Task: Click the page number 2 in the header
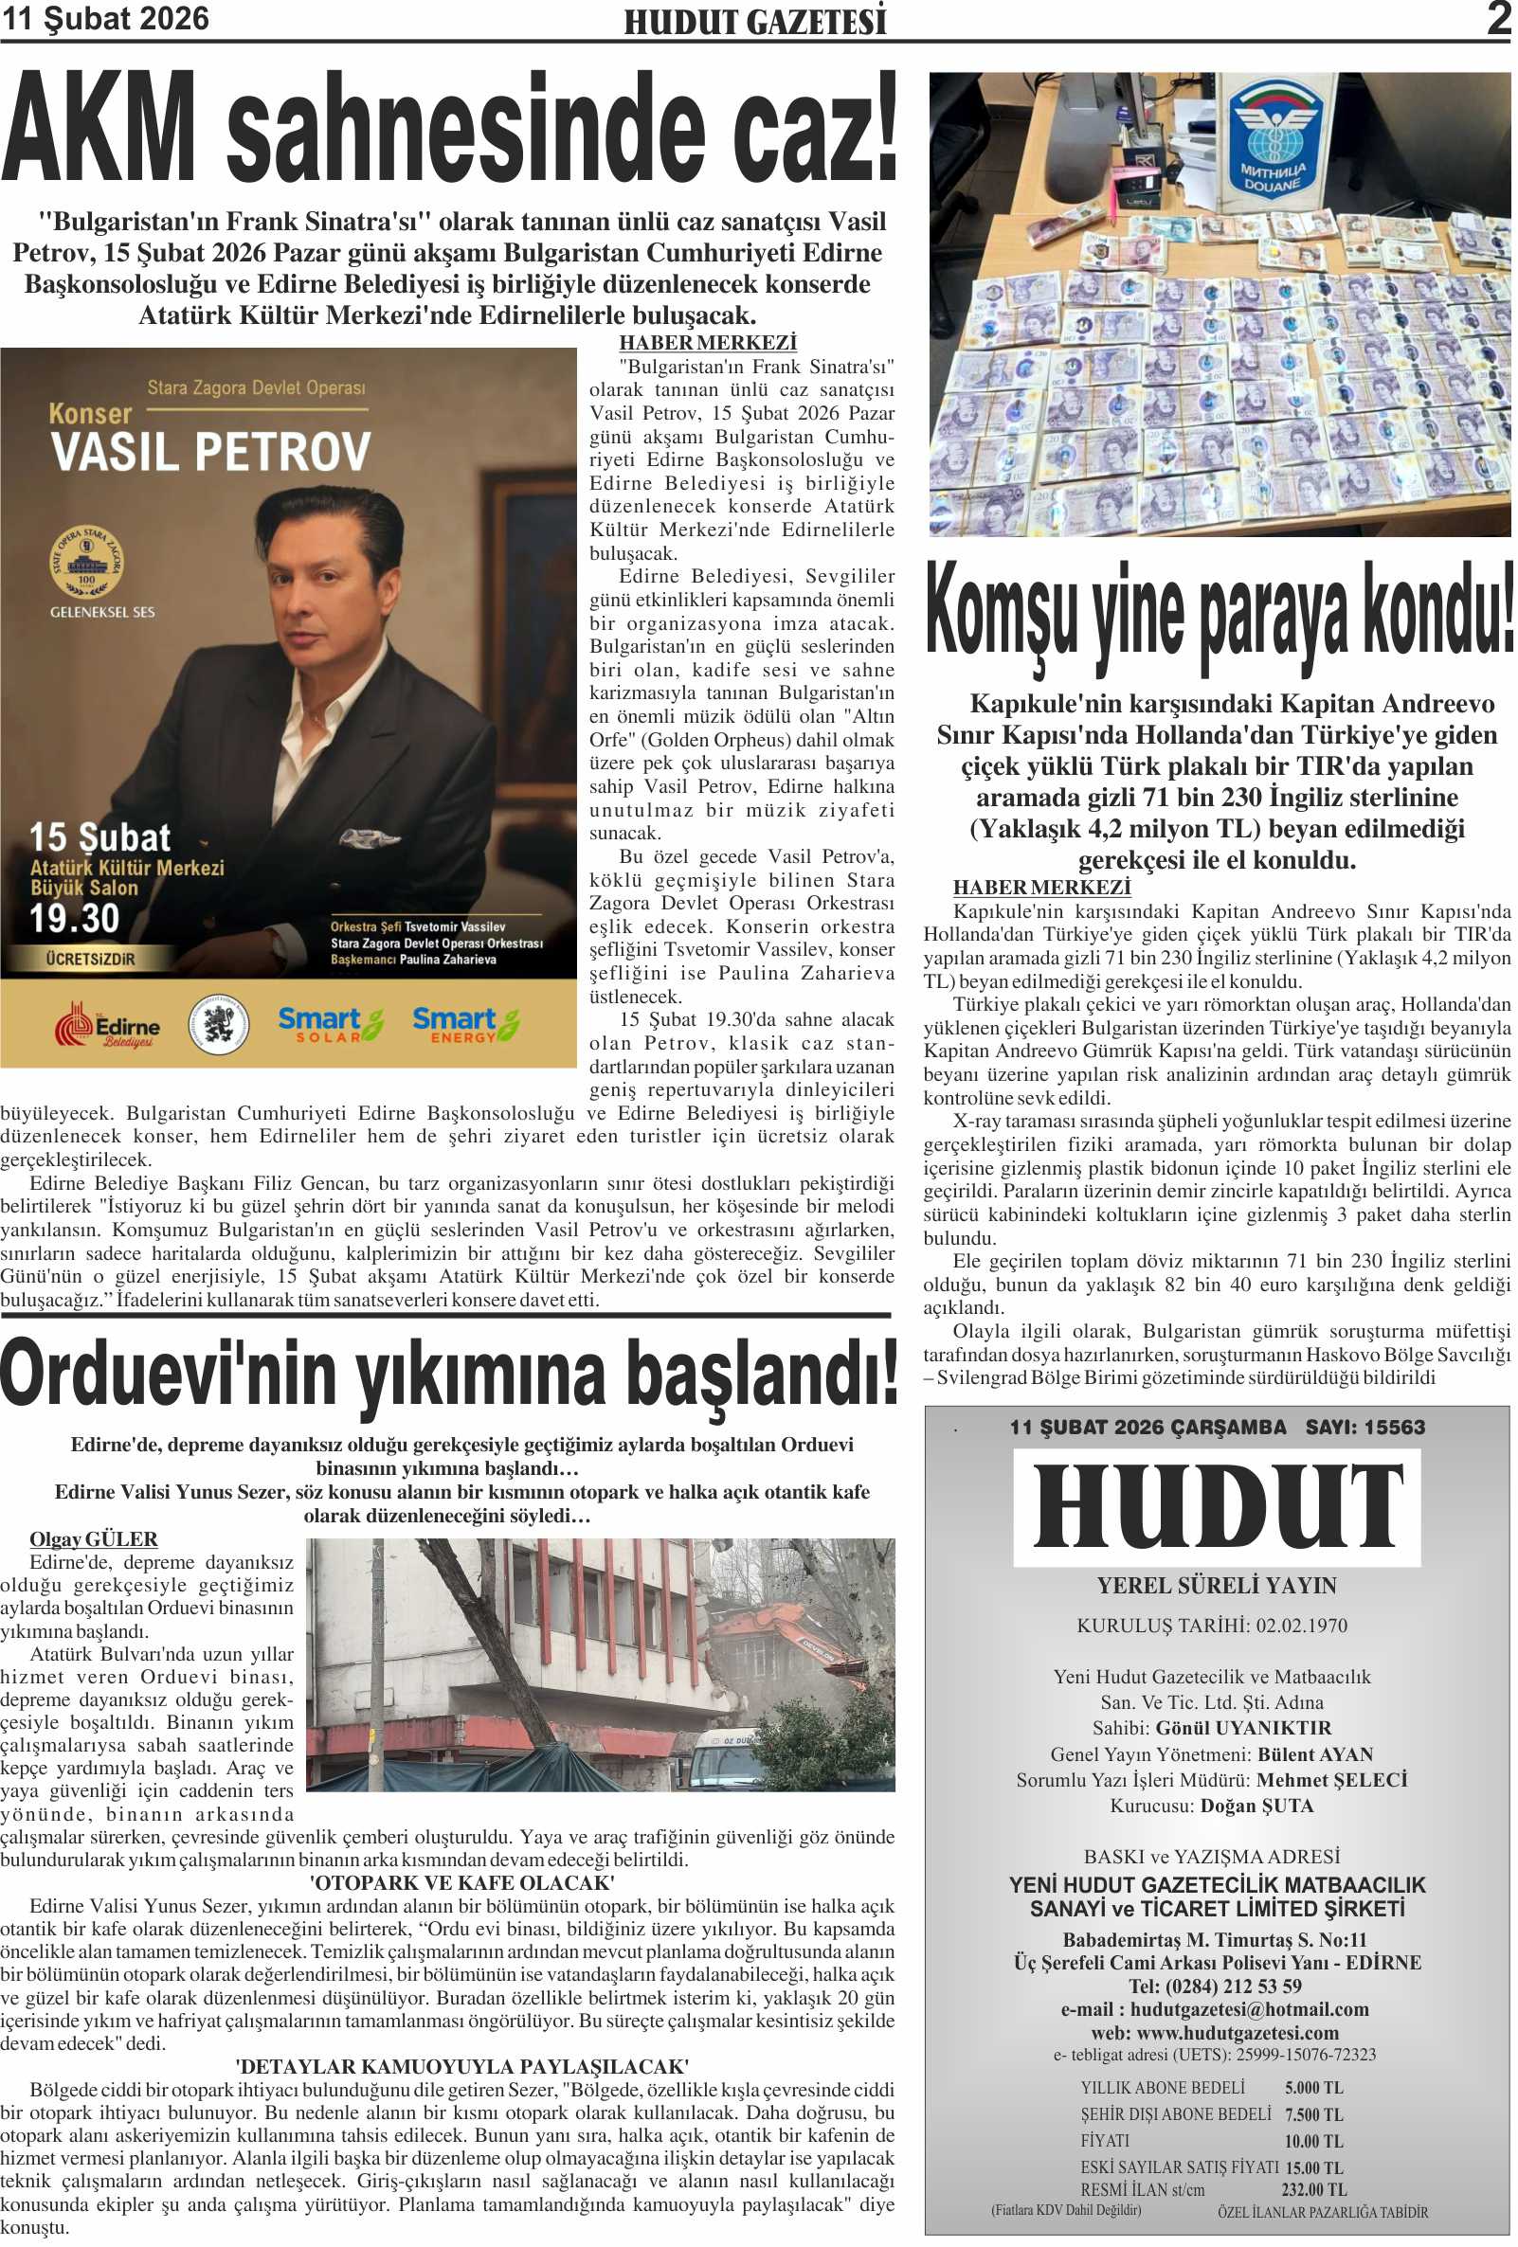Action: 1498,19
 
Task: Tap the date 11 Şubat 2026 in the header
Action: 105,19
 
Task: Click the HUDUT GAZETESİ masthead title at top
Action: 754,22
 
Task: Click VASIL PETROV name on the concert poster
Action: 210,452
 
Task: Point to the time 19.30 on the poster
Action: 75,918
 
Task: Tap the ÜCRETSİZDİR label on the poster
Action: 90,959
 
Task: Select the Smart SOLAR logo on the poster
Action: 330,1024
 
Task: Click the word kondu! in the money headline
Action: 1438,614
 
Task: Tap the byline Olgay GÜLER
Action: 93,1539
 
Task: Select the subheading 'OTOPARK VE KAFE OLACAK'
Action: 461,1882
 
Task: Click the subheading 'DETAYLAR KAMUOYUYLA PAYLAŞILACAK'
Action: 461,2067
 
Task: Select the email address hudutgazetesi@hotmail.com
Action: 1249,2009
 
